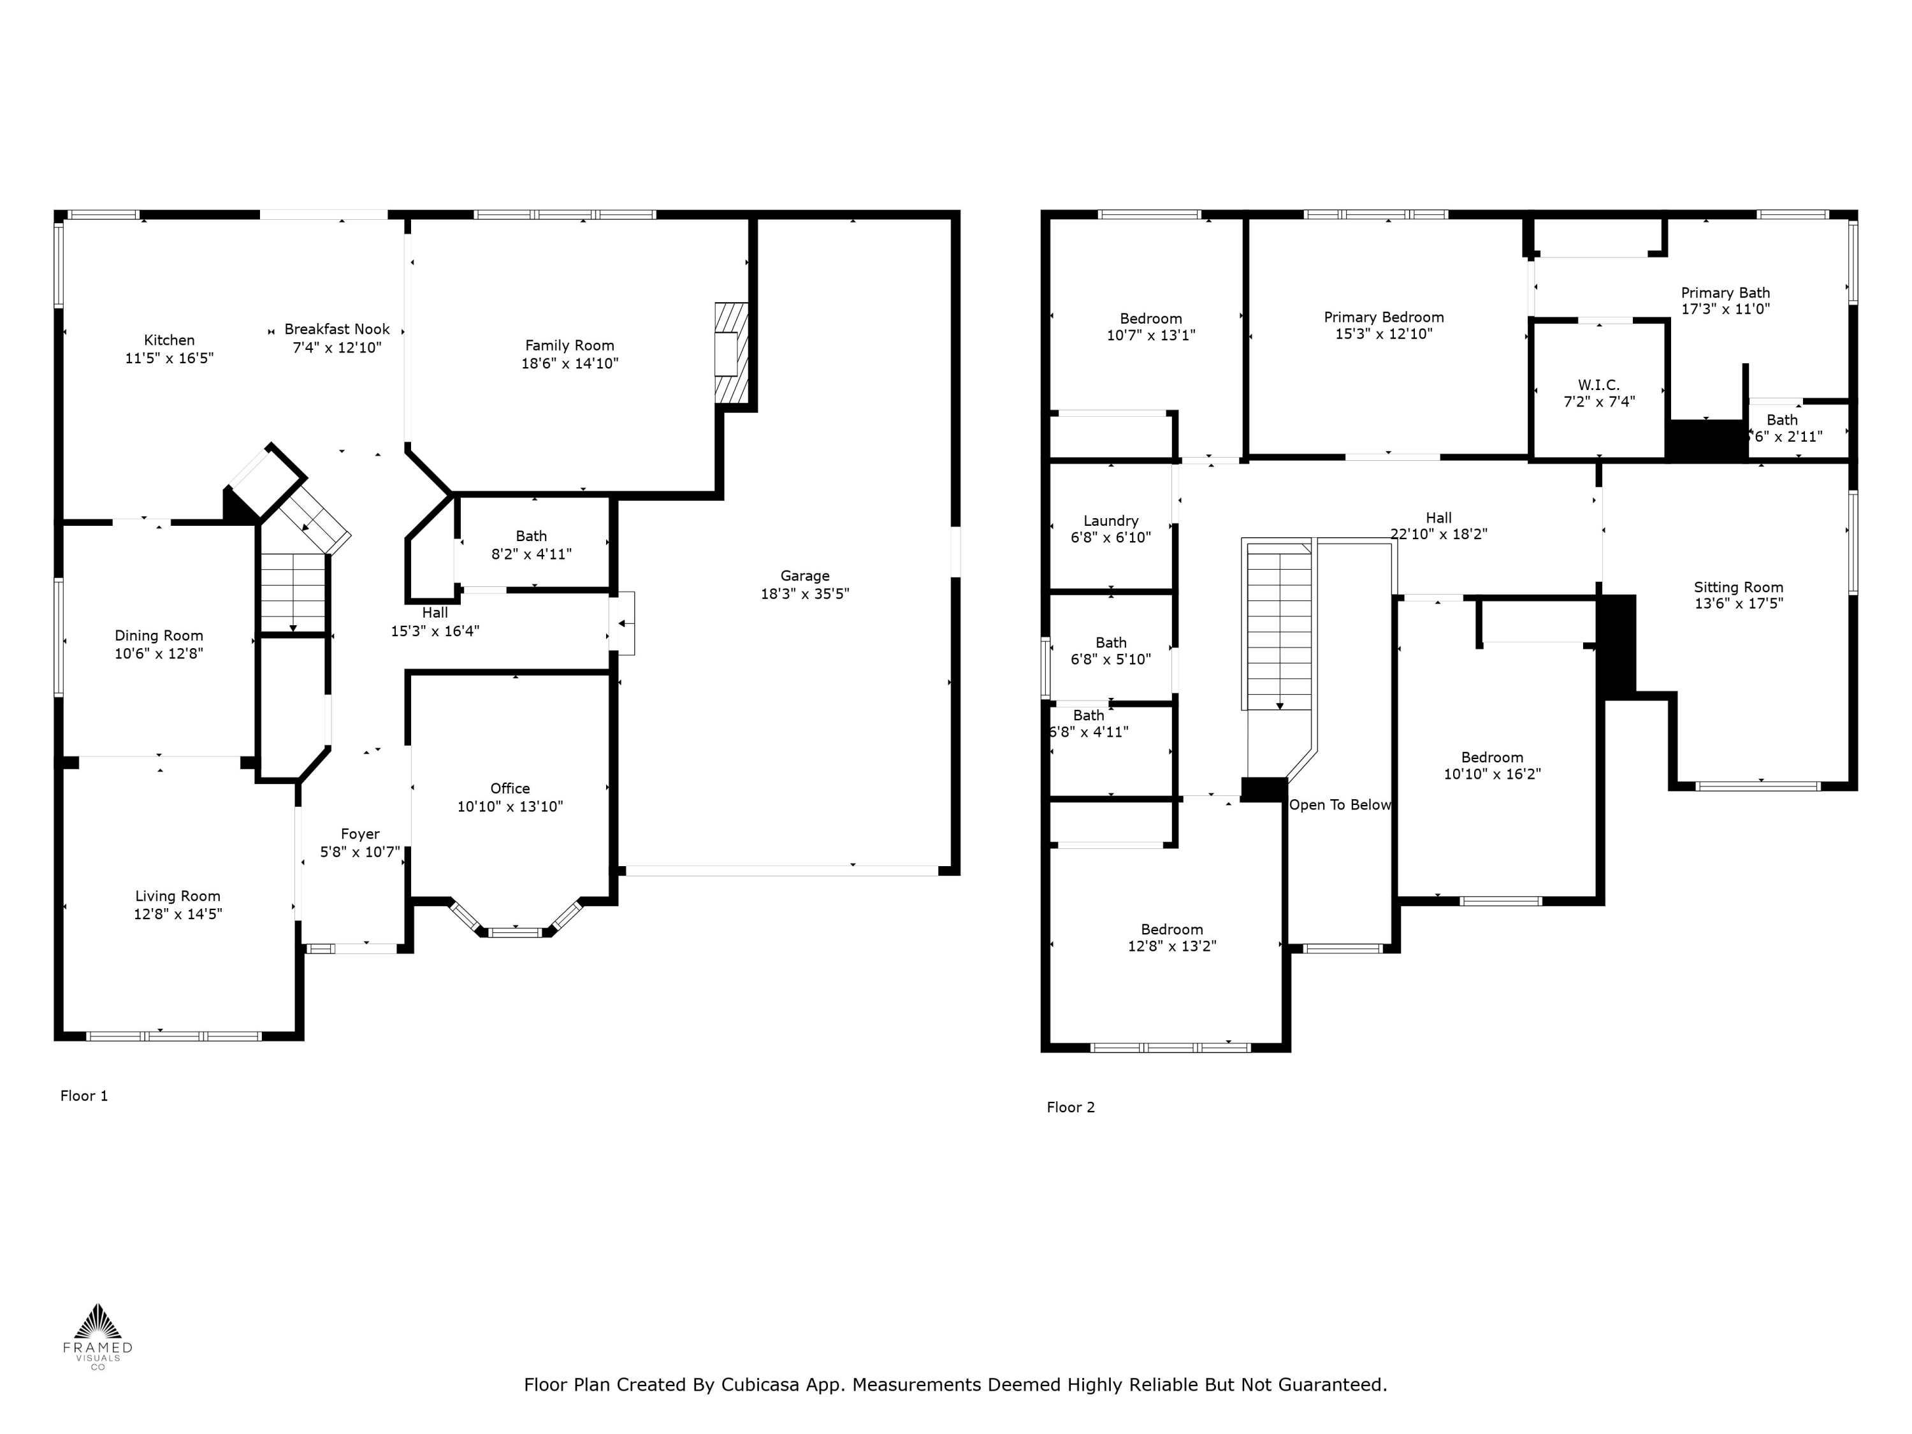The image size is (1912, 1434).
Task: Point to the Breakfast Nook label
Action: point(337,330)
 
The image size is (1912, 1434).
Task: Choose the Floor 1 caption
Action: point(84,1096)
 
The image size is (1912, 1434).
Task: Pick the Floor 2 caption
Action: point(1070,1107)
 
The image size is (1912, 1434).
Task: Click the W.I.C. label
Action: point(1598,385)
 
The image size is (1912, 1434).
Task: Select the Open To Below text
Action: point(1339,805)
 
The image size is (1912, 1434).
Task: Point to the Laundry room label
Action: point(1111,520)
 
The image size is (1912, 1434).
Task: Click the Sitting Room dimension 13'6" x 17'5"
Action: point(1738,604)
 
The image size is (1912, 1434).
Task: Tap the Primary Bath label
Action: point(1725,293)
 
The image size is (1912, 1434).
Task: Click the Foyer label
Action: point(359,834)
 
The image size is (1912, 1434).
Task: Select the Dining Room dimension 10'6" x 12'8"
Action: point(159,653)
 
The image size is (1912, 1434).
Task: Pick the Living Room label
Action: point(177,896)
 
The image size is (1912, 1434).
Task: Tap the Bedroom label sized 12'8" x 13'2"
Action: point(1171,929)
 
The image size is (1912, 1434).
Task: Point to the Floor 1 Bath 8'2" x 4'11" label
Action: point(531,536)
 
